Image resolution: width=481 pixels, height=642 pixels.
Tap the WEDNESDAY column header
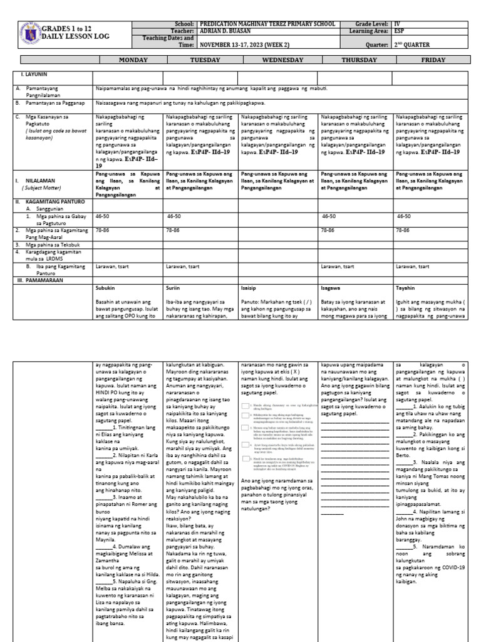click(280, 60)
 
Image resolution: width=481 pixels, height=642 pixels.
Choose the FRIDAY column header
click(434, 60)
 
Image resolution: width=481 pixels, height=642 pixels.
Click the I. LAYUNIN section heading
click(31, 74)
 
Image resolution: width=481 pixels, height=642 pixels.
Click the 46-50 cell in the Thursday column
click(329, 216)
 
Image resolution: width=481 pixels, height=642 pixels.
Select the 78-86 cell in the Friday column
click(403, 230)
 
